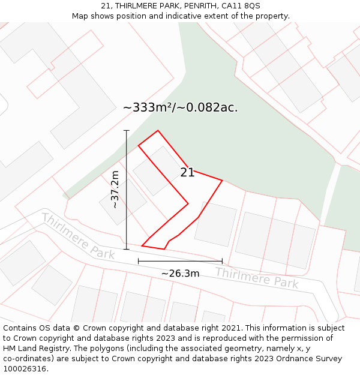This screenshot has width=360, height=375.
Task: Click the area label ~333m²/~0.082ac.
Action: [x=180, y=108]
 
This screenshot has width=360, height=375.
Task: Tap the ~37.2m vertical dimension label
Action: [x=115, y=190]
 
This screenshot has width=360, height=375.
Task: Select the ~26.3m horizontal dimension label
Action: [x=180, y=274]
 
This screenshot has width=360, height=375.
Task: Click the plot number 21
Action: [x=187, y=173]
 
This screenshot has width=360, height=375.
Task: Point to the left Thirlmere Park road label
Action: [x=77, y=236]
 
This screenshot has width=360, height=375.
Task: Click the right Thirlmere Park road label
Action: [x=256, y=278]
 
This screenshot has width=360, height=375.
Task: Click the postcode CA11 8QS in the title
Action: [x=241, y=6]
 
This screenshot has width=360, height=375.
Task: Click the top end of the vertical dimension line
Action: [x=127, y=130]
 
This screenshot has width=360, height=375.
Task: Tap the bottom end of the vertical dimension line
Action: [x=127, y=249]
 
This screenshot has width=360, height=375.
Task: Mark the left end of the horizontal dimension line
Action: [x=139, y=261]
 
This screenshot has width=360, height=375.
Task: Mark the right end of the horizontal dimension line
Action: [x=222, y=261]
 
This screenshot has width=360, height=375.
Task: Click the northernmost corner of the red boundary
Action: [x=158, y=131]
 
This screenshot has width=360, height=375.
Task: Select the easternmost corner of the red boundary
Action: [x=222, y=180]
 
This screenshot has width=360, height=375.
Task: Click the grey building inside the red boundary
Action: [x=157, y=170]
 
